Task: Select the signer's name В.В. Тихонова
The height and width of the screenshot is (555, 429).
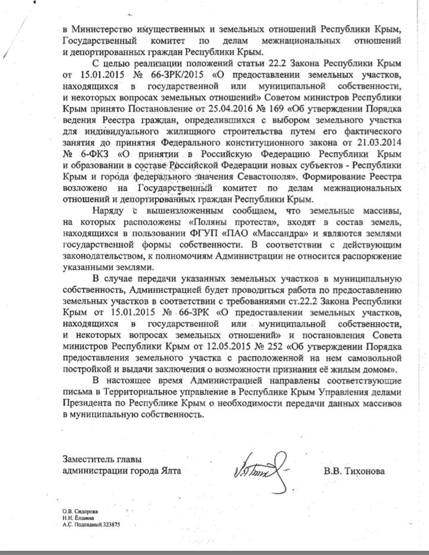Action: (354, 471)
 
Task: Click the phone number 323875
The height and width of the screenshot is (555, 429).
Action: (112, 524)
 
